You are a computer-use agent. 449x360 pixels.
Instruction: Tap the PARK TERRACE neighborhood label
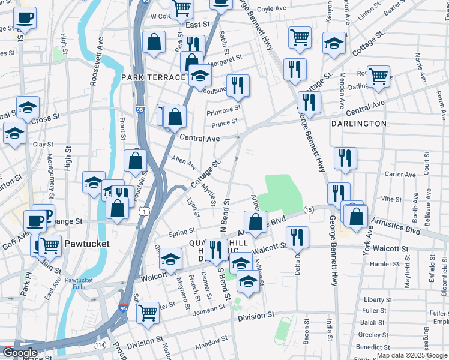coord(153,78)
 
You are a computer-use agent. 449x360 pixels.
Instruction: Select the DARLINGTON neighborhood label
coord(358,124)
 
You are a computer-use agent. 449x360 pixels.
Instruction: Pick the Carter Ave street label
coord(400,175)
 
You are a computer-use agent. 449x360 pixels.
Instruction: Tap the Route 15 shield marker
coord(308,209)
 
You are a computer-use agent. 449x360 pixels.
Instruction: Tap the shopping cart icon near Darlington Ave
coord(378,76)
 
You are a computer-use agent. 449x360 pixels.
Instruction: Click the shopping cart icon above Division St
coord(148,311)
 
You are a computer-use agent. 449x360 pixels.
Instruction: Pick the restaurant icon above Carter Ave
coord(345,157)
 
